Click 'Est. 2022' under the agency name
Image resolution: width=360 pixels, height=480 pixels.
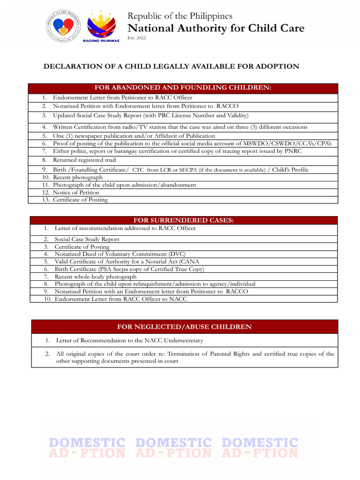(137, 38)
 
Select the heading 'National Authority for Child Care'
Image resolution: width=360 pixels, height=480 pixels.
(216, 28)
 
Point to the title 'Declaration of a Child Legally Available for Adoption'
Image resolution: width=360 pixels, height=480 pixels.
(171, 67)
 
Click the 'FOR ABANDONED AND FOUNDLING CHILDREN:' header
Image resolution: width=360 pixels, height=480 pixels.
(183, 88)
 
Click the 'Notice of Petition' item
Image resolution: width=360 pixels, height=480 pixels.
(76, 192)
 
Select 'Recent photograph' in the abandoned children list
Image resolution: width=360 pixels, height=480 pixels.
(77, 178)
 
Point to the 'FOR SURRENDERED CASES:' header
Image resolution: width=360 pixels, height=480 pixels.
(183, 220)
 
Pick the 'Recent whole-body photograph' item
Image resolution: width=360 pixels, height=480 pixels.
(96, 277)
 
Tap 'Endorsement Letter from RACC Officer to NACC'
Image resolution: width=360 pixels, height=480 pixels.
(120, 299)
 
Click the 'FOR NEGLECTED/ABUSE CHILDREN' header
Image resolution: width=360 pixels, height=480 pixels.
(184, 327)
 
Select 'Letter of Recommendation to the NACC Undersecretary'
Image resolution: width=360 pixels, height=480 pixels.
(129, 340)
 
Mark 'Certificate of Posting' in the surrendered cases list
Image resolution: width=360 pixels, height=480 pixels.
(82, 247)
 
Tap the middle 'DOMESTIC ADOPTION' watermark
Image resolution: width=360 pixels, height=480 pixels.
(173, 448)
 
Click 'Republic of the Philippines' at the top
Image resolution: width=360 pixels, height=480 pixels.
(180, 16)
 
